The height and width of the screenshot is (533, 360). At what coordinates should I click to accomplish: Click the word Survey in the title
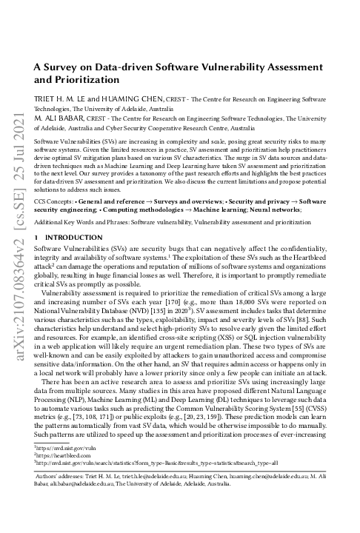pyautogui.click(x=62, y=67)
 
